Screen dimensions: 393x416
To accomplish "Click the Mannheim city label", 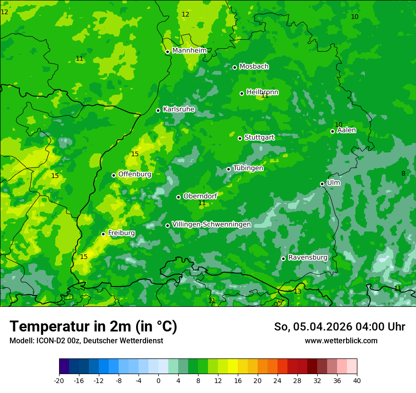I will tap(189, 51).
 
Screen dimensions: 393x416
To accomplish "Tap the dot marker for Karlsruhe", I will tap(158, 111).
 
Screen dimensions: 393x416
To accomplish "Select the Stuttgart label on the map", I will tap(259, 137).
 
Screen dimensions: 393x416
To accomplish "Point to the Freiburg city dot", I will tap(104, 234).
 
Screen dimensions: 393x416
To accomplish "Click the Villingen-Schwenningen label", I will tap(211, 224).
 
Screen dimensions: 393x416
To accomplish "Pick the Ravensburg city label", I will tap(308, 258).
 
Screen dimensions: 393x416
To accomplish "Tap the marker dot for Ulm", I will tap(322, 184).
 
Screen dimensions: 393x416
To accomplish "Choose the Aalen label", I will tap(347, 130).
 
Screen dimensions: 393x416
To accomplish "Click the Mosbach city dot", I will tap(234, 67).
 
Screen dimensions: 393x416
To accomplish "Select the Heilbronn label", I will tap(262, 92).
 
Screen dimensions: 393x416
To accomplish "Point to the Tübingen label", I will tap(248, 168).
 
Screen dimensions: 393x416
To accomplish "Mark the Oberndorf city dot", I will tap(179, 197).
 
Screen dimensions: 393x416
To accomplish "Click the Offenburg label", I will tap(135, 174).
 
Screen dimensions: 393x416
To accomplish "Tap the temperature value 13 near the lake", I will tap(297, 291).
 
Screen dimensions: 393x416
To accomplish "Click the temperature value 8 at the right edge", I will tap(403, 173).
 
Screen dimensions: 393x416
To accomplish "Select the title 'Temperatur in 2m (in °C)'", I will tap(93, 326).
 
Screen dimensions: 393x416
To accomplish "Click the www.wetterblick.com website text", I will tap(341, 340).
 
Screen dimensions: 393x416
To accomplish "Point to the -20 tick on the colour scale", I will tap(59, 380).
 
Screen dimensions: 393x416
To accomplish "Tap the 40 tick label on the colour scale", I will tap(356, 380).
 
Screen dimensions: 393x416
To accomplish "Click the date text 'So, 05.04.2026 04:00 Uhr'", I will tap(339, 327).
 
